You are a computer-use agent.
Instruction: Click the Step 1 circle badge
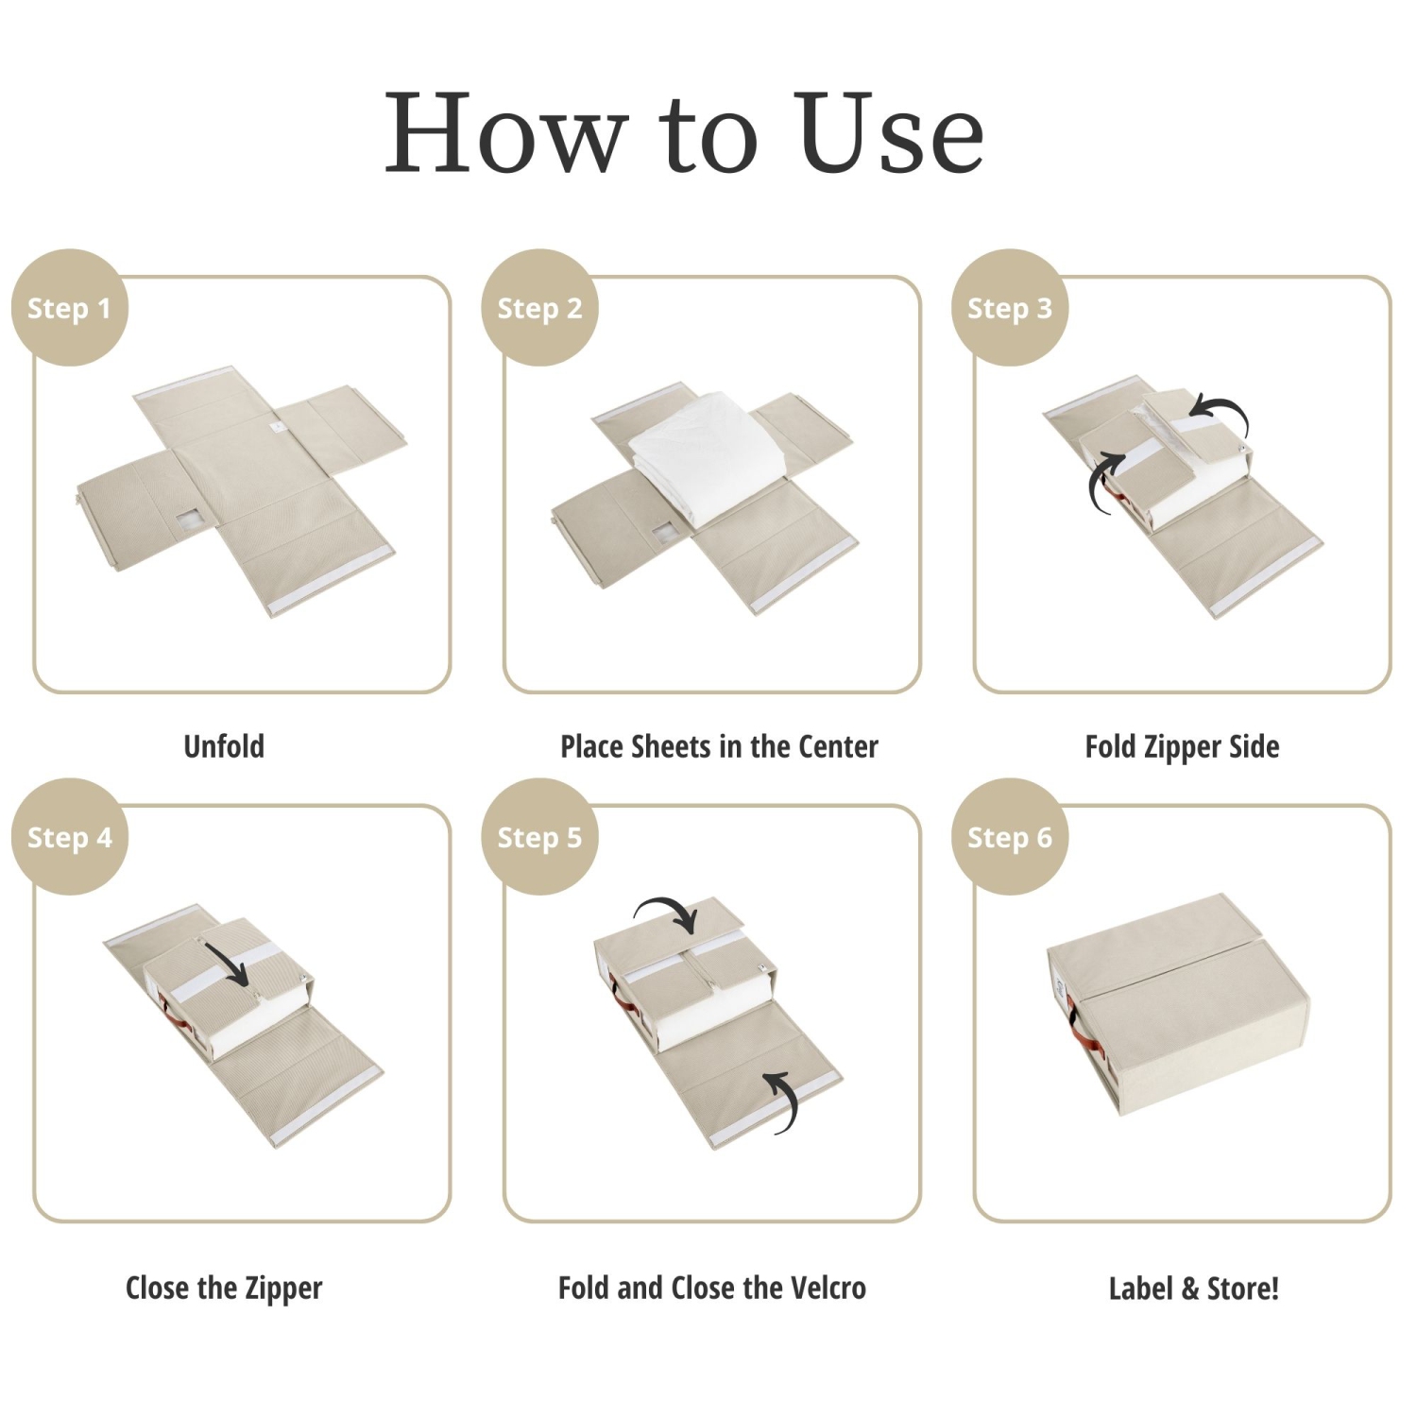click(69, 308)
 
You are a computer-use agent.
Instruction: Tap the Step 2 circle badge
click(539, 308)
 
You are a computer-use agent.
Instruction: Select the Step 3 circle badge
click(1009, 308)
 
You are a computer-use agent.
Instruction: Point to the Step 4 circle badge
click(69, 837)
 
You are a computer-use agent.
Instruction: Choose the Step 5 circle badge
click(539, 837)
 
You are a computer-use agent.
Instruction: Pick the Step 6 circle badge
click(1009, 837)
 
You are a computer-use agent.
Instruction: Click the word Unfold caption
click(224, 746)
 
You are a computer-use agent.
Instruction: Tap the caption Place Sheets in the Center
click(719, 746)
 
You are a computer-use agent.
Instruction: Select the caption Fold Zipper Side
click(1182, 746)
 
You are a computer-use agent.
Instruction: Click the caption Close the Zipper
click(224, 1288)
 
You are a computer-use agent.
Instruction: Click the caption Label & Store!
click(1193, 1288)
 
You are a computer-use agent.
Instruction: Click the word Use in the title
click(888, 134)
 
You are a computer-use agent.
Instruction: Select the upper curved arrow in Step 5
click(668, 913)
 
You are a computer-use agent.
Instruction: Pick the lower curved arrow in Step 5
click(782, 1101)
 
